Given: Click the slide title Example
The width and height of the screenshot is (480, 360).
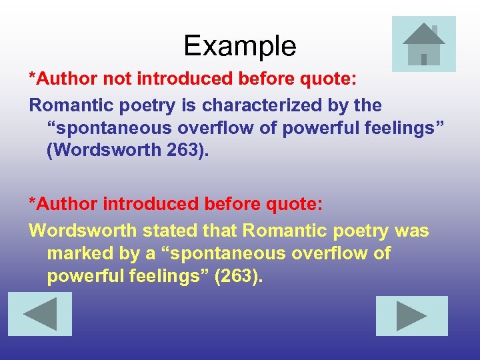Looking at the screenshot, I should pos(240,46).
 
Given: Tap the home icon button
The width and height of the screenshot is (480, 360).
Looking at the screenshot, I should pos(424,44).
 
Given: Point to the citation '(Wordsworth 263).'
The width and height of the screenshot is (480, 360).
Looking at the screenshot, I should pos(127,150).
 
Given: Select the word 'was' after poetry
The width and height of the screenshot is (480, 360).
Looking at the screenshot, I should pos(412,231).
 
